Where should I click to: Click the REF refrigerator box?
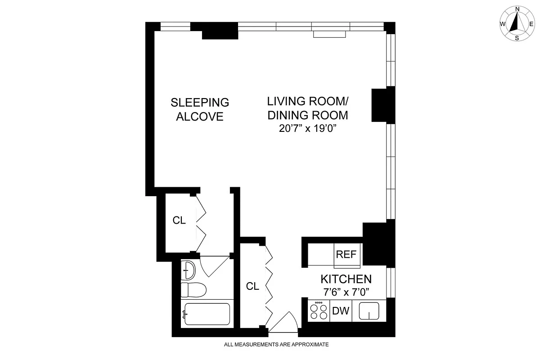click(346, 254)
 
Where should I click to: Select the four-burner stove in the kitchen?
click(319, 311)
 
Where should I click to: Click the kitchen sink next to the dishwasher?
click(369, 310)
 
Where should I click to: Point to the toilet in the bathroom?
click(193, 289)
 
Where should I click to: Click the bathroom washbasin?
click(189, 270)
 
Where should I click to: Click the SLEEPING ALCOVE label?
click(200, 109)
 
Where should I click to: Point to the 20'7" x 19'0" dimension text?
click(308, 129)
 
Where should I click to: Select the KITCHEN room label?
click(346, 279)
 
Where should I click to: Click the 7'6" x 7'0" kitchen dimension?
click(346, 292)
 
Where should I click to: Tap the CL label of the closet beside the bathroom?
click(179, 220)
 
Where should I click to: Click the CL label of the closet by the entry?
click(252, 286)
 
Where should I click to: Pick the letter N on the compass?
click(517, 9)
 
